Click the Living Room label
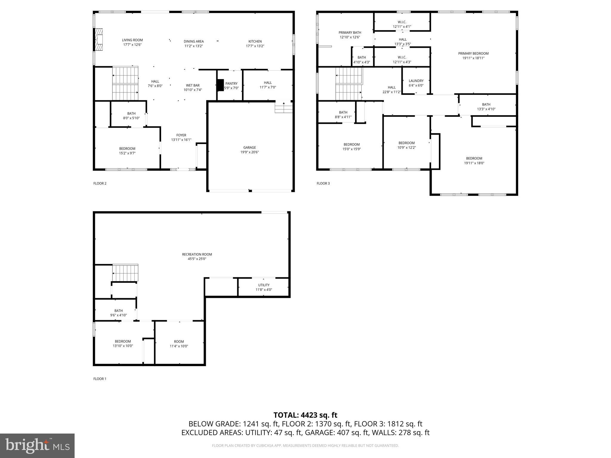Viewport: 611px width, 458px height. click(x=132, y=40)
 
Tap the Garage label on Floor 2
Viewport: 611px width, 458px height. click(x=249, y=147)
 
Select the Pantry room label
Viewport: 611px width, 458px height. click(x=231, y=83)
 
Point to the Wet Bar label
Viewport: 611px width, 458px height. click(x=192, y=85)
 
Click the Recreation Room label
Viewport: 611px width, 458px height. click(x=197, y=254)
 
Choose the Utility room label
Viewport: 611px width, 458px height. click(x=264, y=285)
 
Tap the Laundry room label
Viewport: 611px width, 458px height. click(x=416, y=81)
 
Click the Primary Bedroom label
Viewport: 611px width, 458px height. click(x=473, y=54)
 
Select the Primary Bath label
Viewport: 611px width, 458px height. click(x=350, y=33)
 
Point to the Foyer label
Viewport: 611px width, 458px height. click(x=181, y=135)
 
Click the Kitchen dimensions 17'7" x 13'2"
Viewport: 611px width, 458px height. click(x=255, y=46)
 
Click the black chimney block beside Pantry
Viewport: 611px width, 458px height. click(x=220, y=85)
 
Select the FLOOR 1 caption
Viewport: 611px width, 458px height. click(x=100, y=379)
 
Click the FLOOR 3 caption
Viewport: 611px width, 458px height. click(x=323, y=183)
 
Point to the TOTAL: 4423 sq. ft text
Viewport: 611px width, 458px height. click(x=305, y=415)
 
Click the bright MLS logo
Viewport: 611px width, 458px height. click(x=37, y=445)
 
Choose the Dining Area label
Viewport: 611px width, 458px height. click(x=194, y=41)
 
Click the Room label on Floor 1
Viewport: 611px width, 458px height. click(x=179, y=342)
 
